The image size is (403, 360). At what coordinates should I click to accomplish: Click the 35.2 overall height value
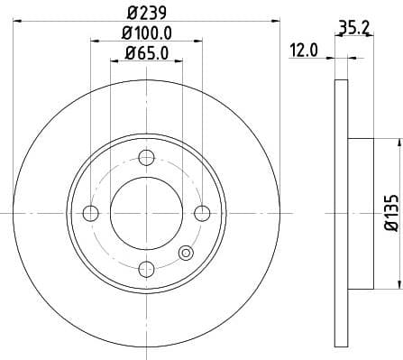click(x=353, y=28)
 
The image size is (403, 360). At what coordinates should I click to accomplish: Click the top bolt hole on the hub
click(x=146, y=157)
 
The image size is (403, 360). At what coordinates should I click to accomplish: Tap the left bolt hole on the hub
click(x=90, y=213)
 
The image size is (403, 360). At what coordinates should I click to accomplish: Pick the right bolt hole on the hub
click(x=202, y=213)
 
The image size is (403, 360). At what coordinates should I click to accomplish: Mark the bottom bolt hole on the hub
click(x=146, y=269)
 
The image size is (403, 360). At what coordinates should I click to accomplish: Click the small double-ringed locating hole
click(x=187, y=254)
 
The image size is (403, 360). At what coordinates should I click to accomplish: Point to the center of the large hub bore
click(x=146, y=213)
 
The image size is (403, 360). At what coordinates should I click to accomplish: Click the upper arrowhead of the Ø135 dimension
click(x=394, y=143)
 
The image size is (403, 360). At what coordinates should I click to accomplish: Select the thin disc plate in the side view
click(x=340, y=212)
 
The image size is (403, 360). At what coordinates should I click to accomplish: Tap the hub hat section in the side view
click(x=359, y=212)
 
